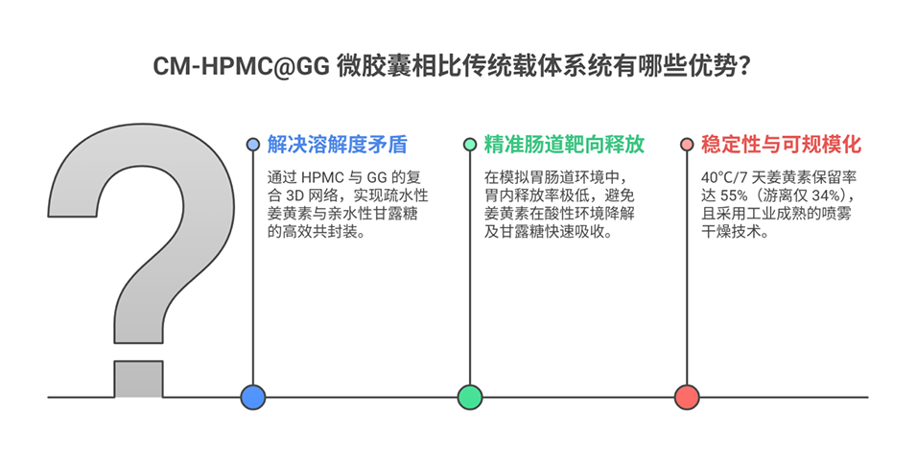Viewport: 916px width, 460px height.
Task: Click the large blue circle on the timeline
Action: pyautogui.click(x=253, y=397)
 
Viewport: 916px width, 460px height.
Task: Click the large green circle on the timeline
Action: pyautogui.click(x=470, y=397)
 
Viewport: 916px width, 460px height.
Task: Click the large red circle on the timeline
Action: pyautogui.click(x=687, y=397)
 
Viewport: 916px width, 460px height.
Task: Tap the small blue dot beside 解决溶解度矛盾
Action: pyautogui.click(x=253, y=145)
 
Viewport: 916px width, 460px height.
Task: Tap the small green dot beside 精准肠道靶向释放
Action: pyautogui.click(x=470, y=145)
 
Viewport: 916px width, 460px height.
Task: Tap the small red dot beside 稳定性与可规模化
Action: pyautogui.click(x=687, y=145)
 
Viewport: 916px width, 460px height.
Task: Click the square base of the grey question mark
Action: pyautogui.click(x=138, y=379)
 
